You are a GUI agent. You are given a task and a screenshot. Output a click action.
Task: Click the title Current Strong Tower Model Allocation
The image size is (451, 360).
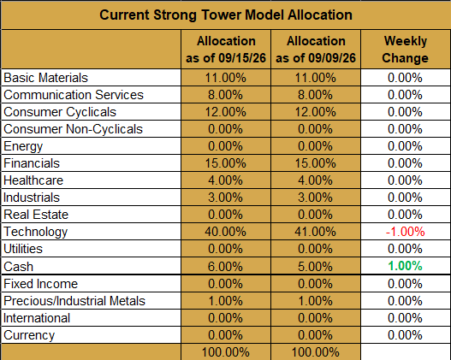click(226, 15)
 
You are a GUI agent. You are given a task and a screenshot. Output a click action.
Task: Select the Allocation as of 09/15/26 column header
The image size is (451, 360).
click(226, 50)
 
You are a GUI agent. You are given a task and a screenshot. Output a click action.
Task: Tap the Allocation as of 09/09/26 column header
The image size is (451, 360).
click(316, 50)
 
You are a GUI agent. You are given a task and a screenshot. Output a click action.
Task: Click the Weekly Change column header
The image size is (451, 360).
click(406, 50)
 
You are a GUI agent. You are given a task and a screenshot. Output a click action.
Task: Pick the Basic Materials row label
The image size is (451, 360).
click(45, 78)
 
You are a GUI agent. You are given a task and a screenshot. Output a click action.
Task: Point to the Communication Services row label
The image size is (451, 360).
click(74, 95)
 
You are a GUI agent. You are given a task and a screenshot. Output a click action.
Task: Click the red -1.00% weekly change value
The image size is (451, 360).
click(406, 232)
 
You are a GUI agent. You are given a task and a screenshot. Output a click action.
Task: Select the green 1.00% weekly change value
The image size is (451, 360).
click(406, 266)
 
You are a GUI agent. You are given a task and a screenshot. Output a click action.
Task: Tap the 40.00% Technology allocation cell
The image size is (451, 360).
click(226, 232)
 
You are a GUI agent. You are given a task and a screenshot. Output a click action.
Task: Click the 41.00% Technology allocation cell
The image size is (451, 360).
click(315, 232)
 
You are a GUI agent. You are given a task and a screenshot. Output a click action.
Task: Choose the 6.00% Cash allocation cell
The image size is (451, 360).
click(226, 266)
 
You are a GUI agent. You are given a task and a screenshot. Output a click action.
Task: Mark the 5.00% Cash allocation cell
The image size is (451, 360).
click(315, 266)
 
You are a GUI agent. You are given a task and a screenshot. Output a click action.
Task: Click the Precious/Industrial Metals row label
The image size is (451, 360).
click(74, 301)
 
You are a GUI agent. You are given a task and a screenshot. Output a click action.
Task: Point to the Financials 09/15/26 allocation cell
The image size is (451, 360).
click(226, 163)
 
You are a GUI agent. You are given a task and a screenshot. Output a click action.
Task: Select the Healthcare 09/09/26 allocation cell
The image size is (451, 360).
click(315, 180)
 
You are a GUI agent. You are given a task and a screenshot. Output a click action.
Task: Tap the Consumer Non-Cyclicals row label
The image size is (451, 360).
click(73, 129)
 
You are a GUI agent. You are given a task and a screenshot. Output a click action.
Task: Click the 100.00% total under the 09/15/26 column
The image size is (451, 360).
click(226, 352)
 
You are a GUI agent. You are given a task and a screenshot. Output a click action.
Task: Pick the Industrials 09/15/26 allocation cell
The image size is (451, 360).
click(226, 198)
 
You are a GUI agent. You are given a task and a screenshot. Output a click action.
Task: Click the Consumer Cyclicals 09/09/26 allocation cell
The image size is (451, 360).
click(315, 112)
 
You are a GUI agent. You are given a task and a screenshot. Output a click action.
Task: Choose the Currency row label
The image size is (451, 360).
click(29, 335)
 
